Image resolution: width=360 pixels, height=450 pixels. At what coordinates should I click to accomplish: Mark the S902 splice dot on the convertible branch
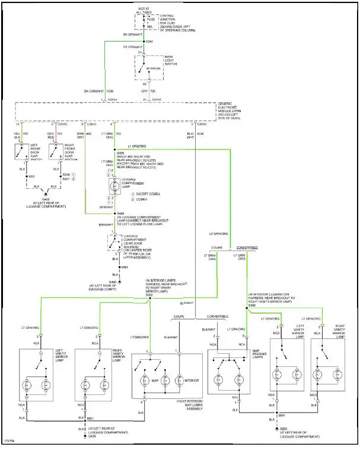[247, 307]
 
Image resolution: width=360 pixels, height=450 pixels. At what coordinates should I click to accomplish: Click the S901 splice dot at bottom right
[277, 415]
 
